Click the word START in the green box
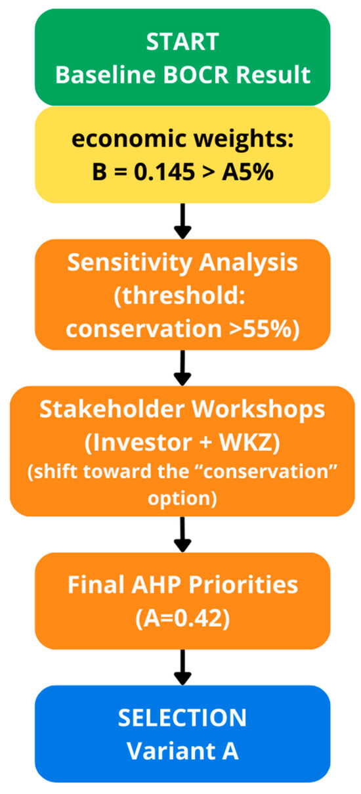182,42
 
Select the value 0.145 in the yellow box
164,172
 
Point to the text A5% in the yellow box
247,172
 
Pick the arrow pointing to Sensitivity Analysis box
182,221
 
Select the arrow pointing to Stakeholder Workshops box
182,368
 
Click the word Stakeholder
113,409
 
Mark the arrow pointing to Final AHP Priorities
182,535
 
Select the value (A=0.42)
182,619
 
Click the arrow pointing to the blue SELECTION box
182,667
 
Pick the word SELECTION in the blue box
182,718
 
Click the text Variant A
182,751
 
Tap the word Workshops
258,410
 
